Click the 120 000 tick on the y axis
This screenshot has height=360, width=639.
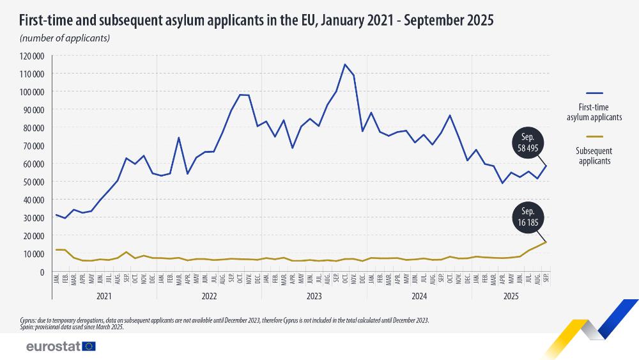(x=32, y=56)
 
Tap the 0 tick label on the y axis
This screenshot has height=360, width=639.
(x=41, y=272)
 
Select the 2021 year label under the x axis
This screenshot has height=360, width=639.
(x=104, y=296)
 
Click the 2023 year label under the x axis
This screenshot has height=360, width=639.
(x=314, y=296)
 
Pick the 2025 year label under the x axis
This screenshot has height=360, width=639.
(x=509, y=296)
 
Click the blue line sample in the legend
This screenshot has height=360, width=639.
(x=594, y=93)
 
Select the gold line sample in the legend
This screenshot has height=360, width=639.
(x=594, y=136)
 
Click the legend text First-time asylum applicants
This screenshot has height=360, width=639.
(x=594, y=113)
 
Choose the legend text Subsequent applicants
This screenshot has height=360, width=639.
(x=594, y=155)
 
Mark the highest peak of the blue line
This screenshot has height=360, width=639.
(x=345, y=64)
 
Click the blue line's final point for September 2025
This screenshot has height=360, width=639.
(x=546, y=166)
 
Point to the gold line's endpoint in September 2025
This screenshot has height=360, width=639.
(x=546, y=242)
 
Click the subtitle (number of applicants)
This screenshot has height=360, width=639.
(x=65, y=38)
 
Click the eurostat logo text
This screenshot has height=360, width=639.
(x=52, y=346)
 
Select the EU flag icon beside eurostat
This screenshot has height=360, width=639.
(x=89, y=346)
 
